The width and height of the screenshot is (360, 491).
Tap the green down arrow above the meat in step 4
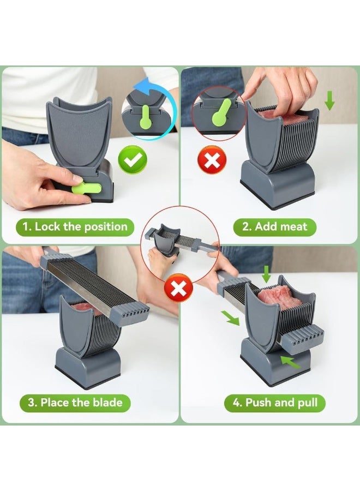coord(266,273)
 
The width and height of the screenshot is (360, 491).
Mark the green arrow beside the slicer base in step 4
coord(289,361)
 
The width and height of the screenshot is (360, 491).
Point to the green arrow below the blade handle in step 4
coord(230,318)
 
